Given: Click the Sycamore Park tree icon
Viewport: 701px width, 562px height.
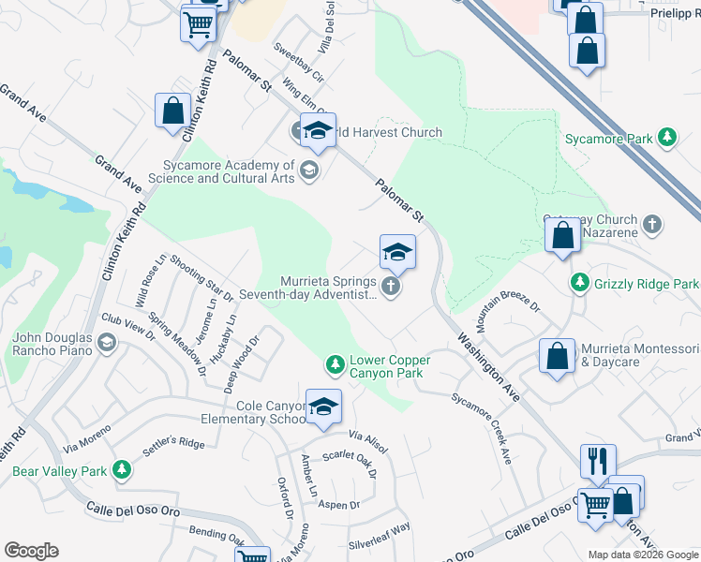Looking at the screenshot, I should click(x=667, y=139).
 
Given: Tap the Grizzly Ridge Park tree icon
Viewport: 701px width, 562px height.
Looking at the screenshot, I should click(x=581, y=283).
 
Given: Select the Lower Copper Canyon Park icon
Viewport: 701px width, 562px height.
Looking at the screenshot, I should click(x=335, y=362).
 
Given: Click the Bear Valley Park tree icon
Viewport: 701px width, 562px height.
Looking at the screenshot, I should click(x=121, y=470).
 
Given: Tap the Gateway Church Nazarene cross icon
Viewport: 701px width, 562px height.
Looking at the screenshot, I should click(x=653, y=225).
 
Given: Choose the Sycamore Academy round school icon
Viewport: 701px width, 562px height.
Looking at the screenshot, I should click(x=309, y=170).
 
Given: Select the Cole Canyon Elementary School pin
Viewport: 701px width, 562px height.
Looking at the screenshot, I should click(x=324, y=407).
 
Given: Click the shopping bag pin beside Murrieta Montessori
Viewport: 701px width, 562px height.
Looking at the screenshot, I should click(x=557, y=356).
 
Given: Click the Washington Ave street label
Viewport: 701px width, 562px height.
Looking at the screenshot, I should click(x=488, y=365).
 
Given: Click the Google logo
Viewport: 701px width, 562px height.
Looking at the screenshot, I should click(x=31, y=551).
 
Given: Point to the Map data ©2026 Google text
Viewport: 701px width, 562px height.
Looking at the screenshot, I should click(x=642, y=554).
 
